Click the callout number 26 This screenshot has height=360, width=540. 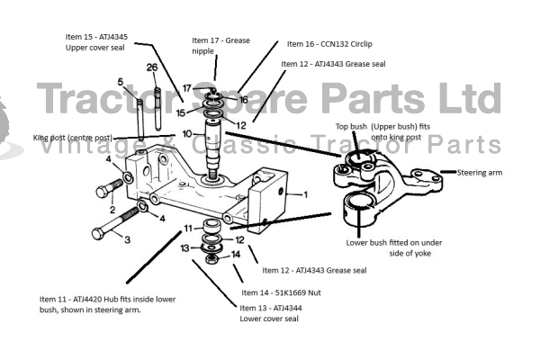coord(152,68)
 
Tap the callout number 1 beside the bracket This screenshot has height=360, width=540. coord(305,193)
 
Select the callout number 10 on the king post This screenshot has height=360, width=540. coord(186,133)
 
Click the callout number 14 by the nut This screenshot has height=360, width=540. coord(237,255)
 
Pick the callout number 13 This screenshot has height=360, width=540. coord(184,247)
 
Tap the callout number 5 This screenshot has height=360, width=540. coord(132,82)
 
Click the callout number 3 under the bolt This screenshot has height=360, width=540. coord(127,239)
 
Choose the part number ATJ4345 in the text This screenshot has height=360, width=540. coord(110,37)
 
